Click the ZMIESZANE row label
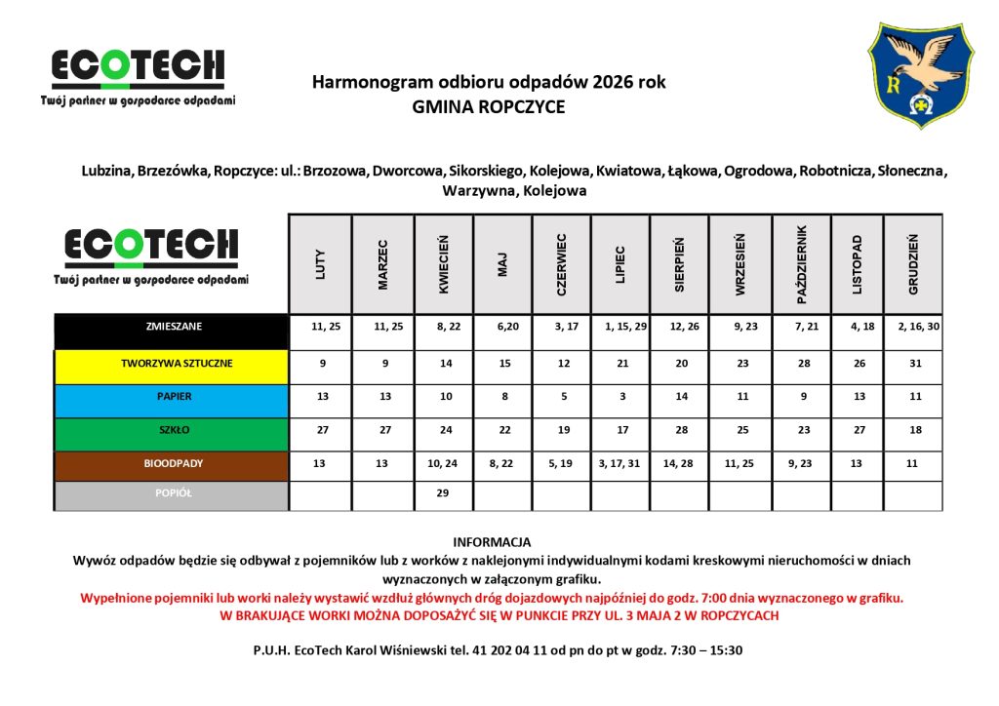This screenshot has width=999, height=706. click(171, 327)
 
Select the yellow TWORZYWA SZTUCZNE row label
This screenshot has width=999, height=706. click(171, 364)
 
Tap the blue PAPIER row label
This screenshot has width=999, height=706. click(171, 397)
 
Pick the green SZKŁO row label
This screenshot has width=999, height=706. click(171, 430)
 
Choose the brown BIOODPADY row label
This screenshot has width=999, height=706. click(171, 464)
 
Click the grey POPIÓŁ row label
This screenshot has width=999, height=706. click(171, 493)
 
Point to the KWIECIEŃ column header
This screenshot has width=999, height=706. click(443, 263)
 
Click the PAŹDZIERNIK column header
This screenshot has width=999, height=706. click(801, 263)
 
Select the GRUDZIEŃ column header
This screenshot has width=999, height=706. click(913, 263)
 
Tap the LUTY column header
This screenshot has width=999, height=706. click(320, 263)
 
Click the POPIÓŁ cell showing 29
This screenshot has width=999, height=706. click(443, 493)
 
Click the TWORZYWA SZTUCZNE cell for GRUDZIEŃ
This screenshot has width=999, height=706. click(913, 364)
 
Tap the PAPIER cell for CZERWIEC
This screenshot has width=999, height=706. click(562, 397)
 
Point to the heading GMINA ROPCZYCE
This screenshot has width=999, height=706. click(489, 107)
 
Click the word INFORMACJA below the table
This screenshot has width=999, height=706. click(492, 541)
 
